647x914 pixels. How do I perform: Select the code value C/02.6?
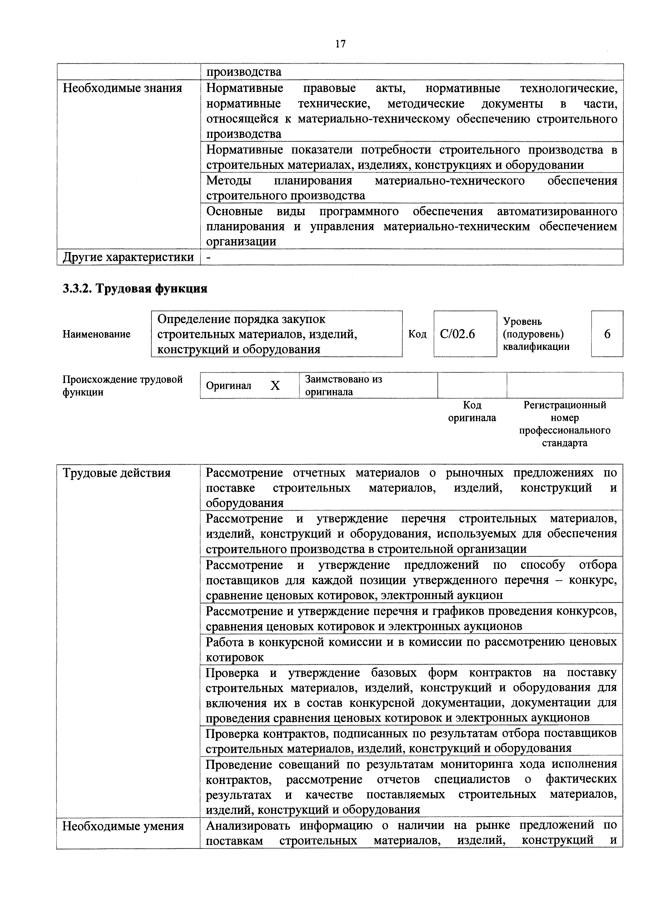[x=457, y=334]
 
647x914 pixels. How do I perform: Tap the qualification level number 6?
[x=607, y=334]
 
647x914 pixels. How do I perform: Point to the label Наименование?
[x=96, y=334]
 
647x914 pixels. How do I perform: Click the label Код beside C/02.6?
[x=417, y=334]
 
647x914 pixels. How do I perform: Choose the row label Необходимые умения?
[x=123, y=826]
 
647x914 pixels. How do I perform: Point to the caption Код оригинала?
[x=472, y=411]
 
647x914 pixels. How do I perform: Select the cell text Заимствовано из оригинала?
[x=343, y=385]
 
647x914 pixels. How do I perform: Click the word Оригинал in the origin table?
[x=229, y=385]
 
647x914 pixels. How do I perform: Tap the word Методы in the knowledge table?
[x=229, y=181]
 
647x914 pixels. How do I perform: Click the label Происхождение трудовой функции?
[x=122, y=385]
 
